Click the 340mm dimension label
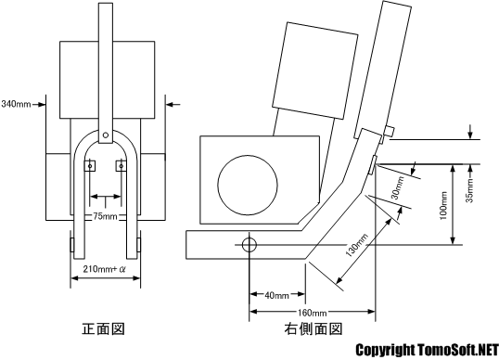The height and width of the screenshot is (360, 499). click(16, 104)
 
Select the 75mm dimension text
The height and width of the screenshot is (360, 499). click(106, 216)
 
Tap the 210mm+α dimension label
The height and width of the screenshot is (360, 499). click(105, 269)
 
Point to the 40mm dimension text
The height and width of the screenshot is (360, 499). click(277, 296)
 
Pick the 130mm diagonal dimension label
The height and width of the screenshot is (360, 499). click(357, 245)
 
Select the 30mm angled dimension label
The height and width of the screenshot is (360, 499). click(398, 187)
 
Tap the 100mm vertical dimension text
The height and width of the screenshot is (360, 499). click(443, 205)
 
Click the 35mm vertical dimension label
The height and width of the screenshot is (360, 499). click(469, 190)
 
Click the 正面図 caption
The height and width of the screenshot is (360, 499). click(104, 328)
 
